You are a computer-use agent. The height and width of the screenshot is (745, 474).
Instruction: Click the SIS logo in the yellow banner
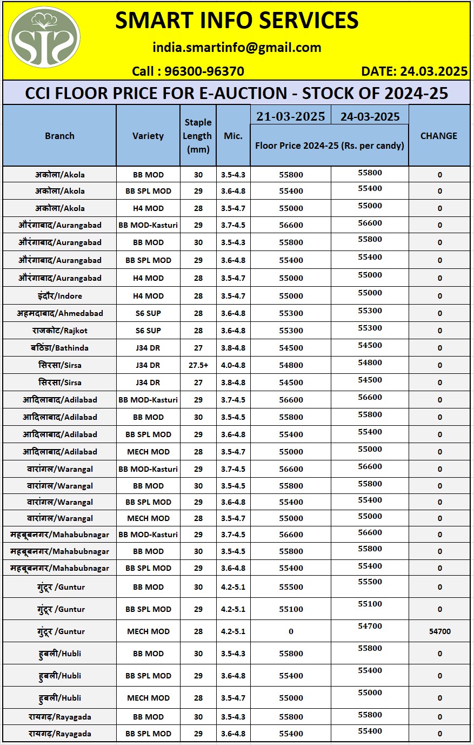[44, 38]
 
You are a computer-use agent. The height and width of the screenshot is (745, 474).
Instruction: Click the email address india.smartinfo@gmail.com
[237, 48]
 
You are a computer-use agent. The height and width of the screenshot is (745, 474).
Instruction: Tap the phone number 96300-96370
[204, 71]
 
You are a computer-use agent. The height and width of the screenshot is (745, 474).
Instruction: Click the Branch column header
[59, 136]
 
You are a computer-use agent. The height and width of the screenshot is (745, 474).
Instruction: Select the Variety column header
[148, 136]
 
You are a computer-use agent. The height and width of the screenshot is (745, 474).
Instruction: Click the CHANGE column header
[439, 136]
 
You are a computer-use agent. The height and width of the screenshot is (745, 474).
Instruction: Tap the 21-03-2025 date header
[291, 116]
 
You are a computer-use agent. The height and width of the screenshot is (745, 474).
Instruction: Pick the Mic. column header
[233, 136]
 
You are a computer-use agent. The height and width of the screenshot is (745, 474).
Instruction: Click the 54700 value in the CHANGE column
[439, 631]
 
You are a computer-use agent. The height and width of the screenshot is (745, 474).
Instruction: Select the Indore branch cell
[59, 296]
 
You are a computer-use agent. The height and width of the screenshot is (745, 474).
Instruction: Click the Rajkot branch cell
[59, 331]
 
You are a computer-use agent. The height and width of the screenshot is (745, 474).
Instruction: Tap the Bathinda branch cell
[59, 348]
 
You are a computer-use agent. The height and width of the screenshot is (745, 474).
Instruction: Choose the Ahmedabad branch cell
[59, 313]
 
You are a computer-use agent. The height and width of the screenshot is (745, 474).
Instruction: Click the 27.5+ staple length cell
[198, 365]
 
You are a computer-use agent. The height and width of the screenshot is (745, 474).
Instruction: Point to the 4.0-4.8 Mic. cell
[233, 365]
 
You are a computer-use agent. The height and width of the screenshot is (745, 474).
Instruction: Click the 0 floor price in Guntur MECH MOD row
[291, 631]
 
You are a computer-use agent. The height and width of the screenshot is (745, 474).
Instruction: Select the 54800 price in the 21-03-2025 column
[291, 365]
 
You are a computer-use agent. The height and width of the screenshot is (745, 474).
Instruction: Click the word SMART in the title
[154, 21]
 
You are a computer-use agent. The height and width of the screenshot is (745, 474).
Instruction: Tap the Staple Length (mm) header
[198, 136]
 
